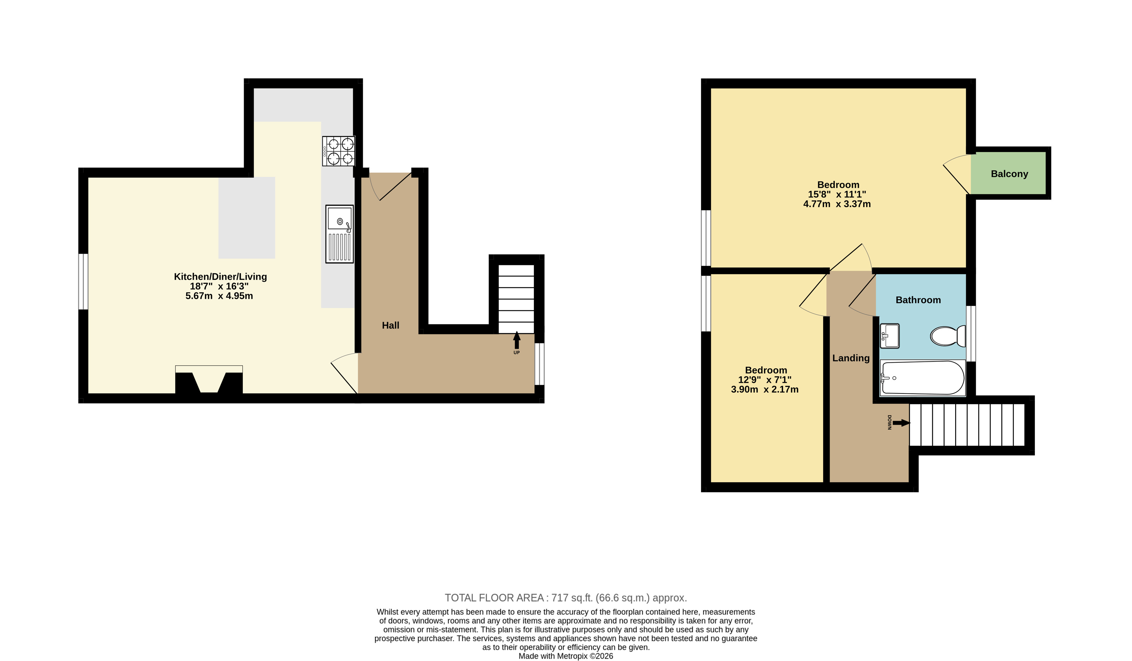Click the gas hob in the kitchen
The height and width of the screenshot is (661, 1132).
339,151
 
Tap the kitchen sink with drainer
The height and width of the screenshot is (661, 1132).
340,234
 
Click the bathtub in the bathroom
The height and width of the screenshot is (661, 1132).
923,378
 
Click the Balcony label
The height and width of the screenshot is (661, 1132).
1009,174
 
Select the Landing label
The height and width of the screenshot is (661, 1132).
851,358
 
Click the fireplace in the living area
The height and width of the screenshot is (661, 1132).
209,380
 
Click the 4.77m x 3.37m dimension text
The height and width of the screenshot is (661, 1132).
837,204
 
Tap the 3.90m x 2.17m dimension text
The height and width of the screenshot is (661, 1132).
765,389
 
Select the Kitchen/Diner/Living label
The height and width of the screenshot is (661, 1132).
220,277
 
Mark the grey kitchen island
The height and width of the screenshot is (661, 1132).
247,218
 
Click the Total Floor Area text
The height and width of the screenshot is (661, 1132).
566,598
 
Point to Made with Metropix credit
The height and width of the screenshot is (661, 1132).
566,656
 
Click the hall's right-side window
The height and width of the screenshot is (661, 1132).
539,364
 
